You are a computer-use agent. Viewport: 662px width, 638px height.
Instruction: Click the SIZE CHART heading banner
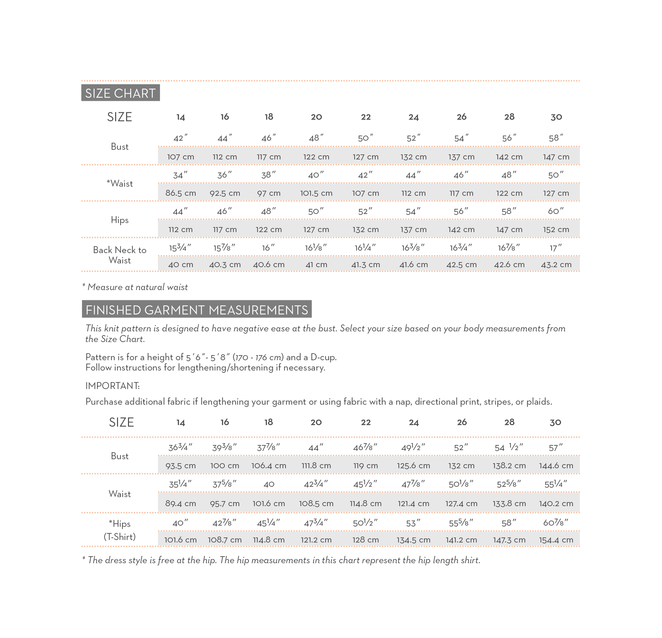click(120, 93)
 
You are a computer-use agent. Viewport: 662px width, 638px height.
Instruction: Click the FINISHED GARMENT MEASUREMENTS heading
click(197, 310)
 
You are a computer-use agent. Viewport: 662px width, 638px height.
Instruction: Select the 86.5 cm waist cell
click(180, 193)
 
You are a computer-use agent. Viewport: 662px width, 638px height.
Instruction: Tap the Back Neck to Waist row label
click(120, 255)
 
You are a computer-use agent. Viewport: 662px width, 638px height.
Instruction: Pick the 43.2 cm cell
click(556, 264)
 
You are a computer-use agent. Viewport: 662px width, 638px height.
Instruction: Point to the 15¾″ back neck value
click(180, 248)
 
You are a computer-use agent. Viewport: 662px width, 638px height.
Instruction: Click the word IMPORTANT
click(112, 386)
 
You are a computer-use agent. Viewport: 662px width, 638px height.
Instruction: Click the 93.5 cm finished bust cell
click(180, 466)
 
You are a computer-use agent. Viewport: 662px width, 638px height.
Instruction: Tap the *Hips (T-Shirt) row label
click(120, 530)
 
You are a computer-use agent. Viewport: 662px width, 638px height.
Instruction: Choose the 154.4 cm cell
click(556, 540)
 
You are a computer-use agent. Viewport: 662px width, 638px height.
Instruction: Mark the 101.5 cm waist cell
click(316, 193)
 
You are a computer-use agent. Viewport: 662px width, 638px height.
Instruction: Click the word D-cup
click(323, 357)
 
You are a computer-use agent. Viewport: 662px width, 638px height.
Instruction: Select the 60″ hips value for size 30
click(556, 211)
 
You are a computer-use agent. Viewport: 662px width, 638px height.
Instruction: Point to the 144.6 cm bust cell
click(556, 466)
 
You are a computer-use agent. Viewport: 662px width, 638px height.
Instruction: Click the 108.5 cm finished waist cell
click(316, 503)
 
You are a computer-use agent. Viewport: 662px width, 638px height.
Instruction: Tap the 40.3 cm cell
click(225, 264)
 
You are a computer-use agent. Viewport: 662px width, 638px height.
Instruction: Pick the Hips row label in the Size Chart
click(120, 220)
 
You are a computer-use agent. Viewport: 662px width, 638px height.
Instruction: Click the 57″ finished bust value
click(556, 448)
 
